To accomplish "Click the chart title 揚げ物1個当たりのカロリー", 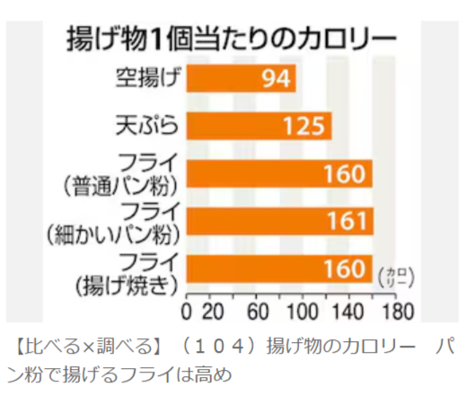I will (231, 39).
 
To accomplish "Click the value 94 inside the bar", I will (277, 80).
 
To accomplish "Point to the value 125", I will (307, 126).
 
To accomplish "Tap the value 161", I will (347, 221).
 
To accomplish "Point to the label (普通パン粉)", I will (124, 185).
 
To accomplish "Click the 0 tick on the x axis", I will (186, 312).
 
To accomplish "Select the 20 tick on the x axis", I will (211, 312).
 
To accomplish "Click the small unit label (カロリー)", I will (393, 275).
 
